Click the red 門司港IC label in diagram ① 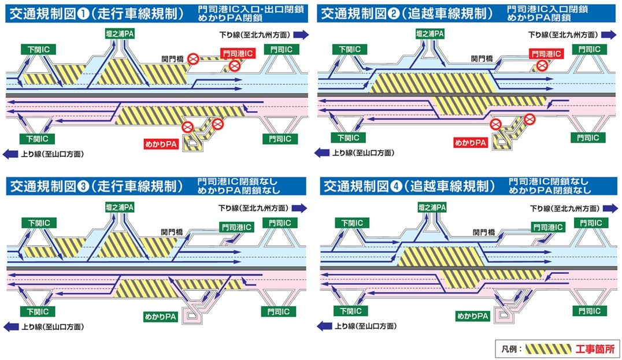[x=238, y=54]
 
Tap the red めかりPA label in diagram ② [x=470, y=143]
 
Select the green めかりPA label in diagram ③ [x=160, y=317]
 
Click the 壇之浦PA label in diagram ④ [x=432, y=207]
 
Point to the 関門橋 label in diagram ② [x=482, y=59]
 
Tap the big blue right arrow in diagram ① [x=301, y=35]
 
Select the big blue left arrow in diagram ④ [x=324, y=326]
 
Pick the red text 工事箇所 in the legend [x=595, y=349]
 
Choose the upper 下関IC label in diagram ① [x=39, y=50]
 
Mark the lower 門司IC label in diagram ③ [x=279, y=311]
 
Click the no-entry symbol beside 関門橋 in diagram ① [x=193, y=59]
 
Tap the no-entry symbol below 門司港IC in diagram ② [x=542, y=65]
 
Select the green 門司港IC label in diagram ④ [x=548, y=227]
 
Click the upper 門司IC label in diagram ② [x=589, y=50]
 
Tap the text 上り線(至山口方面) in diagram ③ [x=53, y=326]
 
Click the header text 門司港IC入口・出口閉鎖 [x=251, y=9]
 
